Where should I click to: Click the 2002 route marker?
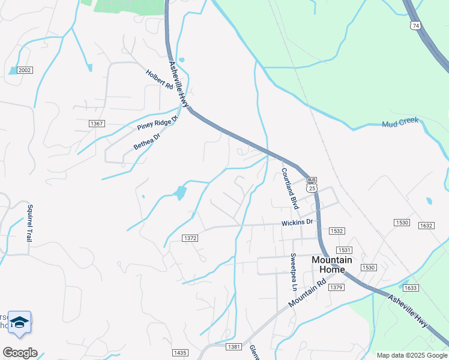(25, 70)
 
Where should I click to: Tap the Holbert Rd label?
(159, 79)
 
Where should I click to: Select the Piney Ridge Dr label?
(158, 123)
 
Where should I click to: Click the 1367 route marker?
(97, 124)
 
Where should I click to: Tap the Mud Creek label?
(400, 123)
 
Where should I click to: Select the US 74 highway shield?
(415, 25)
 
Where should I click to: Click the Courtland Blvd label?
(290, 188)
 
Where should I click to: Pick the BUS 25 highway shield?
(311, 184)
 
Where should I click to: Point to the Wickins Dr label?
(298, 221)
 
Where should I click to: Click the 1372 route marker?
(190, 238)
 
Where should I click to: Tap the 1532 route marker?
(337, 230)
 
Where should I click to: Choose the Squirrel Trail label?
(29, 223)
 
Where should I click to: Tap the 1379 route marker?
(336, 288)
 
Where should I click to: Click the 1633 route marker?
(411, 288)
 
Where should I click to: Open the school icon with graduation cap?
(20, 322)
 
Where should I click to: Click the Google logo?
(19, 353)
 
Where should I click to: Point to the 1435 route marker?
(179, 353)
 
